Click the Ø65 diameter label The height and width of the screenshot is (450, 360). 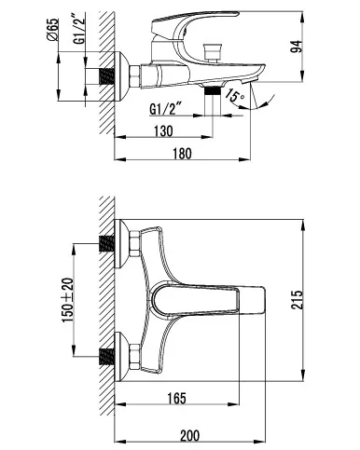(53, 30)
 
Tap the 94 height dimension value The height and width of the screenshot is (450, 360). (297, 46)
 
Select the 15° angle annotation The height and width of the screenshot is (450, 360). (235, 95)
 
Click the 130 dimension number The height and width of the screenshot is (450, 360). (163, 130)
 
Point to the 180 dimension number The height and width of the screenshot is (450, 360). (182, 154)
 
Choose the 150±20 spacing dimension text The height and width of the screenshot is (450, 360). (68, 300)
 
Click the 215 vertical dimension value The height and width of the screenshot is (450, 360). (297, 300)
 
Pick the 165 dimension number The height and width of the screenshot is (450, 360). (176, 399)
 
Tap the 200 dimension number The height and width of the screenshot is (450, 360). (189, 435)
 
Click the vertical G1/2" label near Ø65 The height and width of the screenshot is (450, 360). (79, 28)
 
